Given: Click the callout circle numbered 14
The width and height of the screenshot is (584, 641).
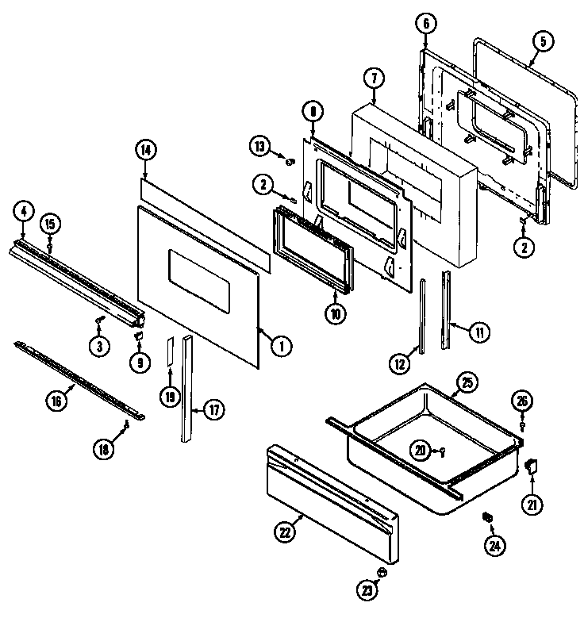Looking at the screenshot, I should point(145,149).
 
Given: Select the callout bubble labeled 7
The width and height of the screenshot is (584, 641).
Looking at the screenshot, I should point(373,78).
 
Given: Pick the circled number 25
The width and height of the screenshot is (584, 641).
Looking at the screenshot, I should point(467,384).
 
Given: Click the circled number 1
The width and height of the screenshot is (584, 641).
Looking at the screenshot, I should point(279,346).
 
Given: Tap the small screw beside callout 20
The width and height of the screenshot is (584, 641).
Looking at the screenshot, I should point(441,452).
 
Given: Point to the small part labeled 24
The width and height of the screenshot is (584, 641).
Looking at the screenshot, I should point(488,517).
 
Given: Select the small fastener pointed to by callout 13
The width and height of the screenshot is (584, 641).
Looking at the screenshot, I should point(290,161).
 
